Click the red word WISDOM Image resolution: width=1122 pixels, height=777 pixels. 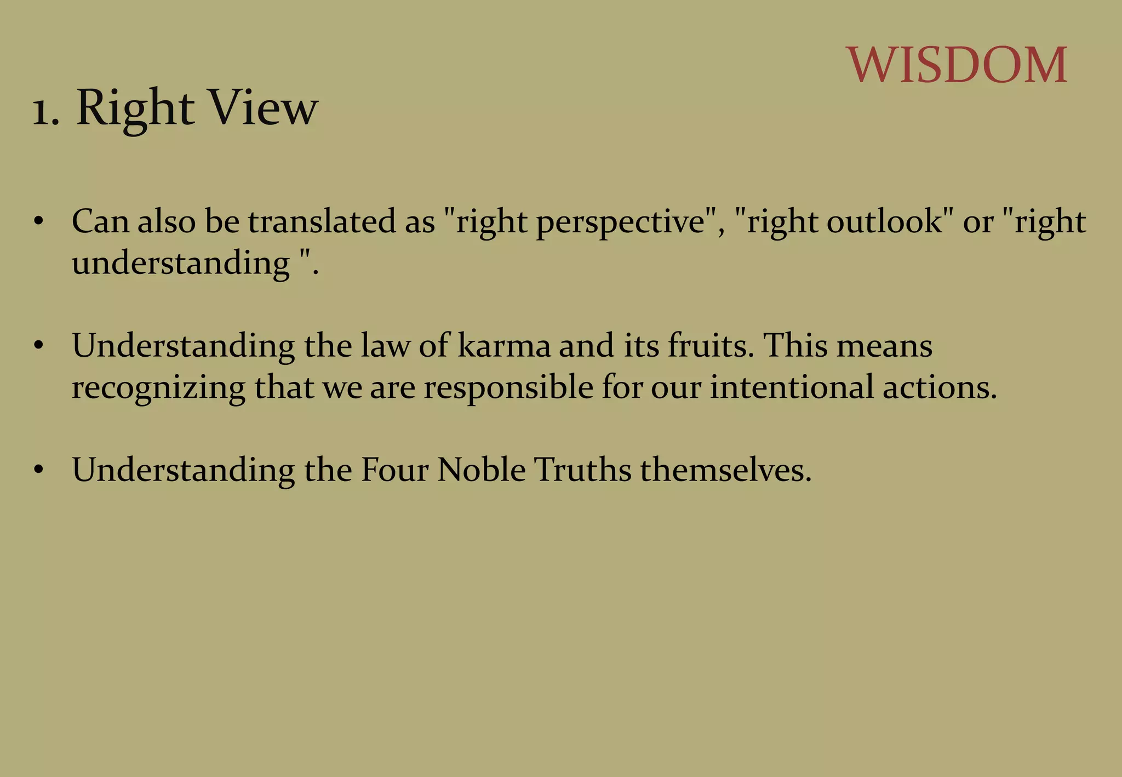957,65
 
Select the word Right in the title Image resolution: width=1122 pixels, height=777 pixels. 135,108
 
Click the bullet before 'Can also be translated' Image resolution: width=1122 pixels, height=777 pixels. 38,221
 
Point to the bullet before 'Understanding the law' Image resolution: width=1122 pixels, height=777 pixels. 38,346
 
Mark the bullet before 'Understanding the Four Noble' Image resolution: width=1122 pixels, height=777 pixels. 38,470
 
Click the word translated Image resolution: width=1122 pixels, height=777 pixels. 322,221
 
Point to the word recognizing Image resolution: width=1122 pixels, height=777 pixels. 158,388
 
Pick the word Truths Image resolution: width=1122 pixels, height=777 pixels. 583,470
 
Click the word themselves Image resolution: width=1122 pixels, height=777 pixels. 725,470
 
